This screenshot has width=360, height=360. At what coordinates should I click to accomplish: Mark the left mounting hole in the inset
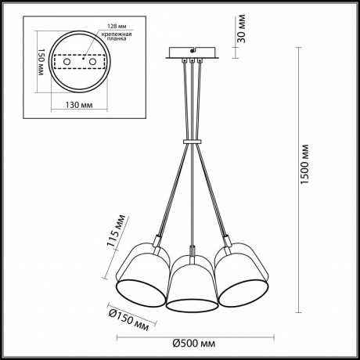pos(69,61)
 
